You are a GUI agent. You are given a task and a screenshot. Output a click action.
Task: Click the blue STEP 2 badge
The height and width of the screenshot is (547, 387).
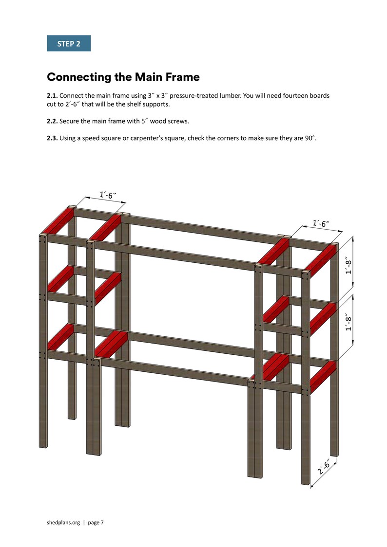(69, 44)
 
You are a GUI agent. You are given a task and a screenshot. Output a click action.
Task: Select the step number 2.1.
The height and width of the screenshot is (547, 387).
(52, 96)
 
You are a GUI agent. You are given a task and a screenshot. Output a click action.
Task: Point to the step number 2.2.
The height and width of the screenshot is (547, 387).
(52, 121)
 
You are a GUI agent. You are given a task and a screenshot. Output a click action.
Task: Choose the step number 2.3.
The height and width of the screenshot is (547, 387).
(52, 138)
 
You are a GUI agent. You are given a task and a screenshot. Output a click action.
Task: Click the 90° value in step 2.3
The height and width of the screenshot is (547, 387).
(310, 138)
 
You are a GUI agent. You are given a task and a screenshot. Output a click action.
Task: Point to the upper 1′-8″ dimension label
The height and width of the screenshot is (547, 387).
(349, 266)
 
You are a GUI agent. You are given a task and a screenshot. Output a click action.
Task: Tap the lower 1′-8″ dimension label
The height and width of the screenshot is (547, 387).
(349, 322)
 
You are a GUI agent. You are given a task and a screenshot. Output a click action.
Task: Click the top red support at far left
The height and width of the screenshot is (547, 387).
(58, 220)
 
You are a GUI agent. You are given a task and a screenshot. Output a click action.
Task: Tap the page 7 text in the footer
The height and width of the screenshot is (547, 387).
(95, 522)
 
